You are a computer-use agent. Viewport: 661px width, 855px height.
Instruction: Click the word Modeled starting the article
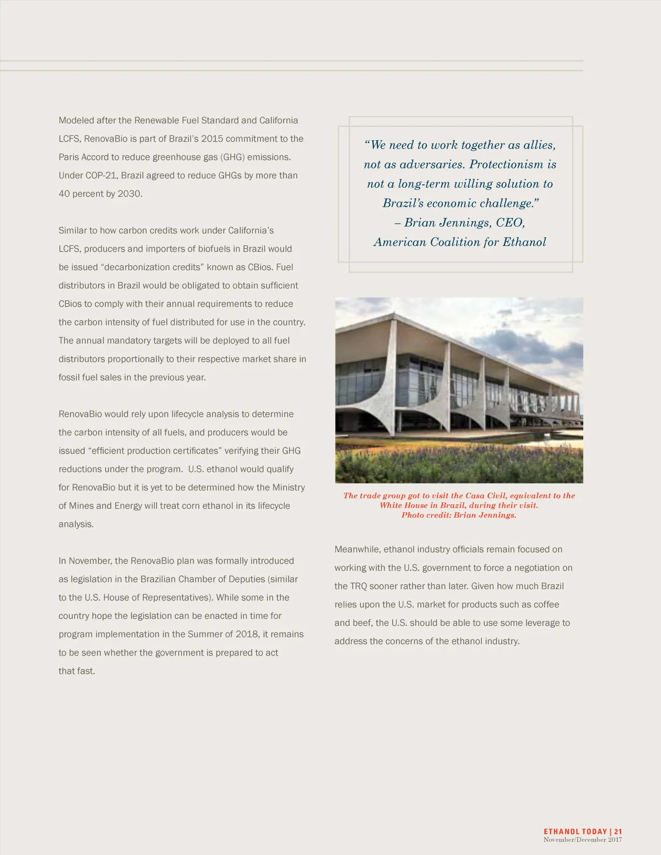point(76,121)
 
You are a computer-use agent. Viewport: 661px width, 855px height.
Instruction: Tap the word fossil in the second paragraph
point(69,378)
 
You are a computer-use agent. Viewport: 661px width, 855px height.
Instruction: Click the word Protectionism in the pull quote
point(506,165)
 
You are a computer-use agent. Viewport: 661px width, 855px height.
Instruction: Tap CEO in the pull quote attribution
point(510,222)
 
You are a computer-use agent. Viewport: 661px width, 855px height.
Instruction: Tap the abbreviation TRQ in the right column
point(359,586)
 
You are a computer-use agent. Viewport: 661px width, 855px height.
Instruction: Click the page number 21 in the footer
point(618,831)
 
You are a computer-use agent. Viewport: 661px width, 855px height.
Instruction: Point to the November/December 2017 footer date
point(582,840)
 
